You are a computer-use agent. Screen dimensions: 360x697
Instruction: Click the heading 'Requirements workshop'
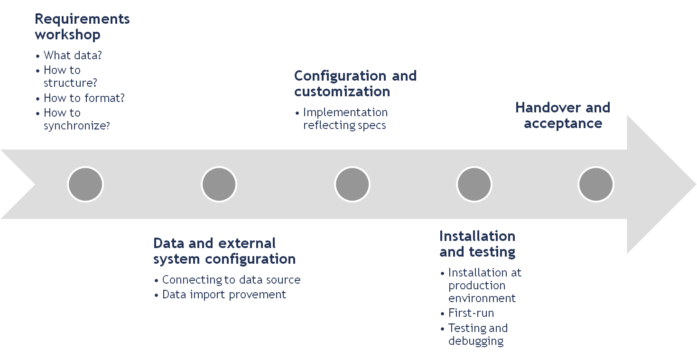pyautogui.click(x=82, y=27)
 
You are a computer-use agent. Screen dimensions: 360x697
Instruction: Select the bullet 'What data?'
pyautogui.click(x=73, y=55)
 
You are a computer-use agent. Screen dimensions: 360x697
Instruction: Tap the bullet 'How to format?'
pyautogui.click(x=84, y=98)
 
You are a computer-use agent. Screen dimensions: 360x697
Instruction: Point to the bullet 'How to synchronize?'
pyautogui.click(x=76, y=120)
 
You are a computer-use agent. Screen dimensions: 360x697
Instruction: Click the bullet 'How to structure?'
pyautogui.click(x=70, y=76)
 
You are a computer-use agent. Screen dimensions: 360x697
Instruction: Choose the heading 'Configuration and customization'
pyautogui.click(x=355, y=83)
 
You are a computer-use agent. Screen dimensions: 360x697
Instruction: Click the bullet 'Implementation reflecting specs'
pyautogui.click(x=345, y=119)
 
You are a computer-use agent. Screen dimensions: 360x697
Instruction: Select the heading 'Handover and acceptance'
pyautogui.click(x=563, y=115)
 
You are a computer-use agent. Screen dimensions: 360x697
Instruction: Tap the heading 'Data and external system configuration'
pyautogui.click(x=224, y=251)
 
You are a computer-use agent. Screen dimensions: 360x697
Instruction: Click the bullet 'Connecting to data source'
pyautogui.click(x=231, y=280)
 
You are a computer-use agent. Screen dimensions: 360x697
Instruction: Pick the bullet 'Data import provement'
pyautogui.click(x=224, y=295)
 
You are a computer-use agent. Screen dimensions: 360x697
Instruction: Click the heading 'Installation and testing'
pyautogui.click(x=477, y=244)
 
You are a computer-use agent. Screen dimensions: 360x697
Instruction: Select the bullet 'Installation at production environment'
pyautogui.click(x=484, y=286)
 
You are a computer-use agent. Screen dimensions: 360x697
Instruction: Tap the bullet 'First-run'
pyautogui.click(x=471, y=313)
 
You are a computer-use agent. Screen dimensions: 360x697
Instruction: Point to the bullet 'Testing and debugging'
pyautogui.click(x=477, y=334)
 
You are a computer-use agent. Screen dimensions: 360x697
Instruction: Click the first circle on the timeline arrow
pyautogui.click(x=85, y=184)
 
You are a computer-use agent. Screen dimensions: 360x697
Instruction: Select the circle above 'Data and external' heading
pyautogui.click(x=219, y=184)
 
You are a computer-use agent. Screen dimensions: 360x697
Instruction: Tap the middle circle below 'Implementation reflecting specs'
pyautogui.click(x=352, y=184)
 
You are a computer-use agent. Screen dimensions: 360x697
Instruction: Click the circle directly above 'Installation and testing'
pyautogui.click(x=474, y=184)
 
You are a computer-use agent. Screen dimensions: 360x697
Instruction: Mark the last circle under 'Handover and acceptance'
pyautogui.click(x=596, y=184)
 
